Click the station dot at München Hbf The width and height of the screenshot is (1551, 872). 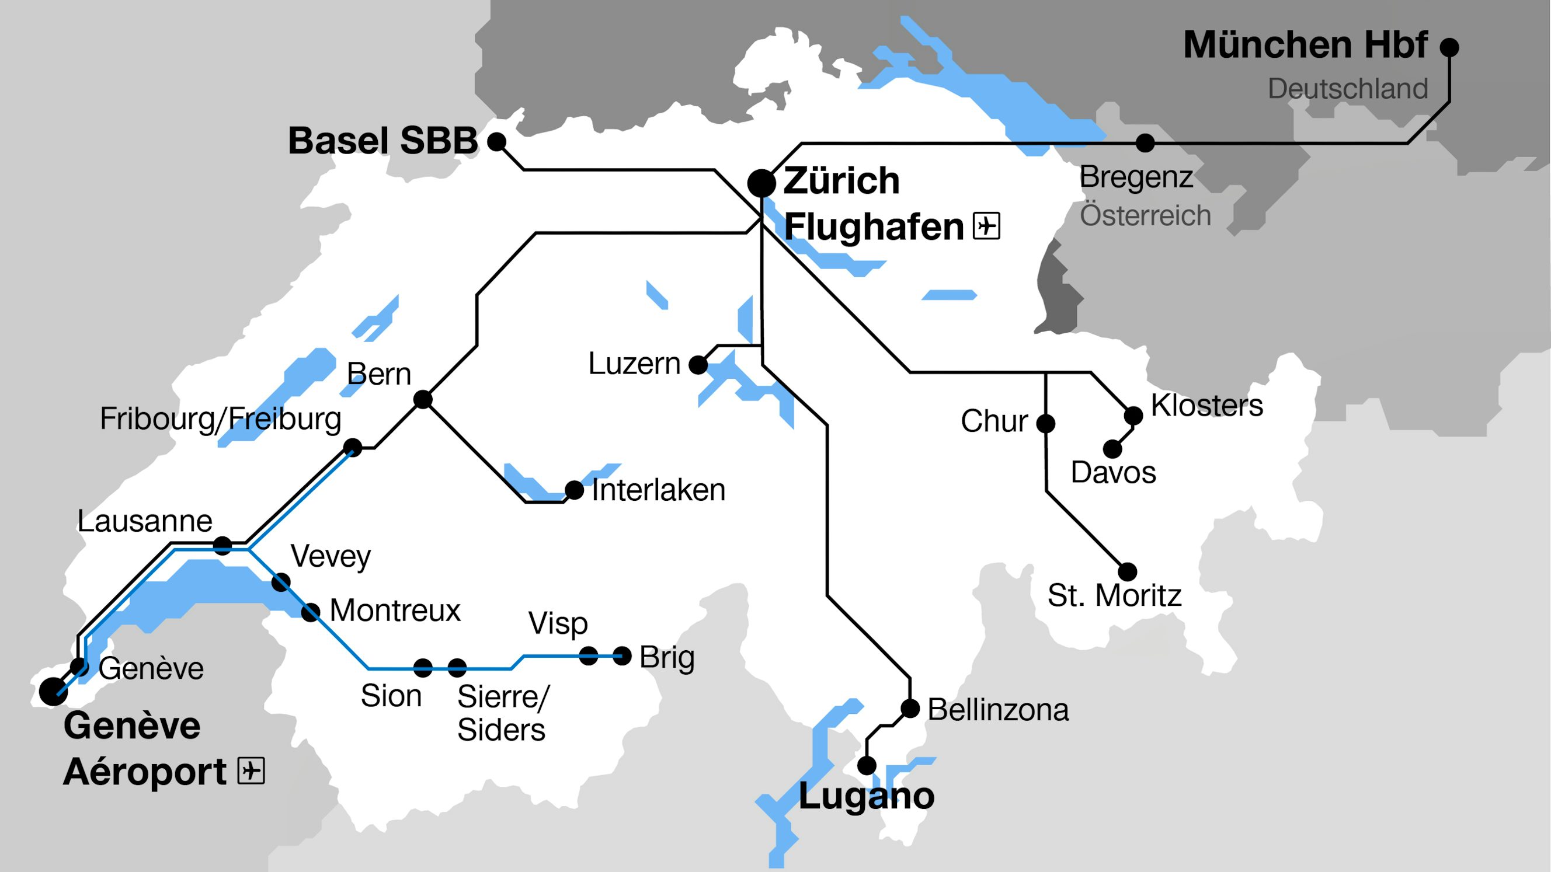[1449, 46]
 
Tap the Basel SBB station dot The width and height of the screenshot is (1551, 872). [496, 142]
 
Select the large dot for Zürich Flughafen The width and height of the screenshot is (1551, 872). [761, 183]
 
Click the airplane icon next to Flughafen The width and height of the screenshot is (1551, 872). [986, 226]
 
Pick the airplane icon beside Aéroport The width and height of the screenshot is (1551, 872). [251, 771]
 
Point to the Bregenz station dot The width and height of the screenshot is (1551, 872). [1145, 143]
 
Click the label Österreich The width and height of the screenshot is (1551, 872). [1145, 215]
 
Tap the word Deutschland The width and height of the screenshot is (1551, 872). [1348, 89]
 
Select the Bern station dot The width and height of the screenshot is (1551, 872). [423, 399]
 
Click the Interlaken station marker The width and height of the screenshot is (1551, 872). [574, 490]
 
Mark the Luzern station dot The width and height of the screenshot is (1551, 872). [698, 365]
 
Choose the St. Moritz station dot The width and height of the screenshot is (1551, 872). [1127, 572]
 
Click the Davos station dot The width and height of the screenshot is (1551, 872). [1112, 449]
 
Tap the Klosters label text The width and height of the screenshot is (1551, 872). [1206, 405]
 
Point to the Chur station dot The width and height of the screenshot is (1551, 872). [1046, 424]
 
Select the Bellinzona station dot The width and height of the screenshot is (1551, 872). [910, 709]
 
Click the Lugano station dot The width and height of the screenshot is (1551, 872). [867, 766]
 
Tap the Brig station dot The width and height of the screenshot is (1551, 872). [622, 656]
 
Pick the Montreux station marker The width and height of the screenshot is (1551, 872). [310, 613]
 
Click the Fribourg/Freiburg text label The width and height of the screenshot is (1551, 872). [220, 419]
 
